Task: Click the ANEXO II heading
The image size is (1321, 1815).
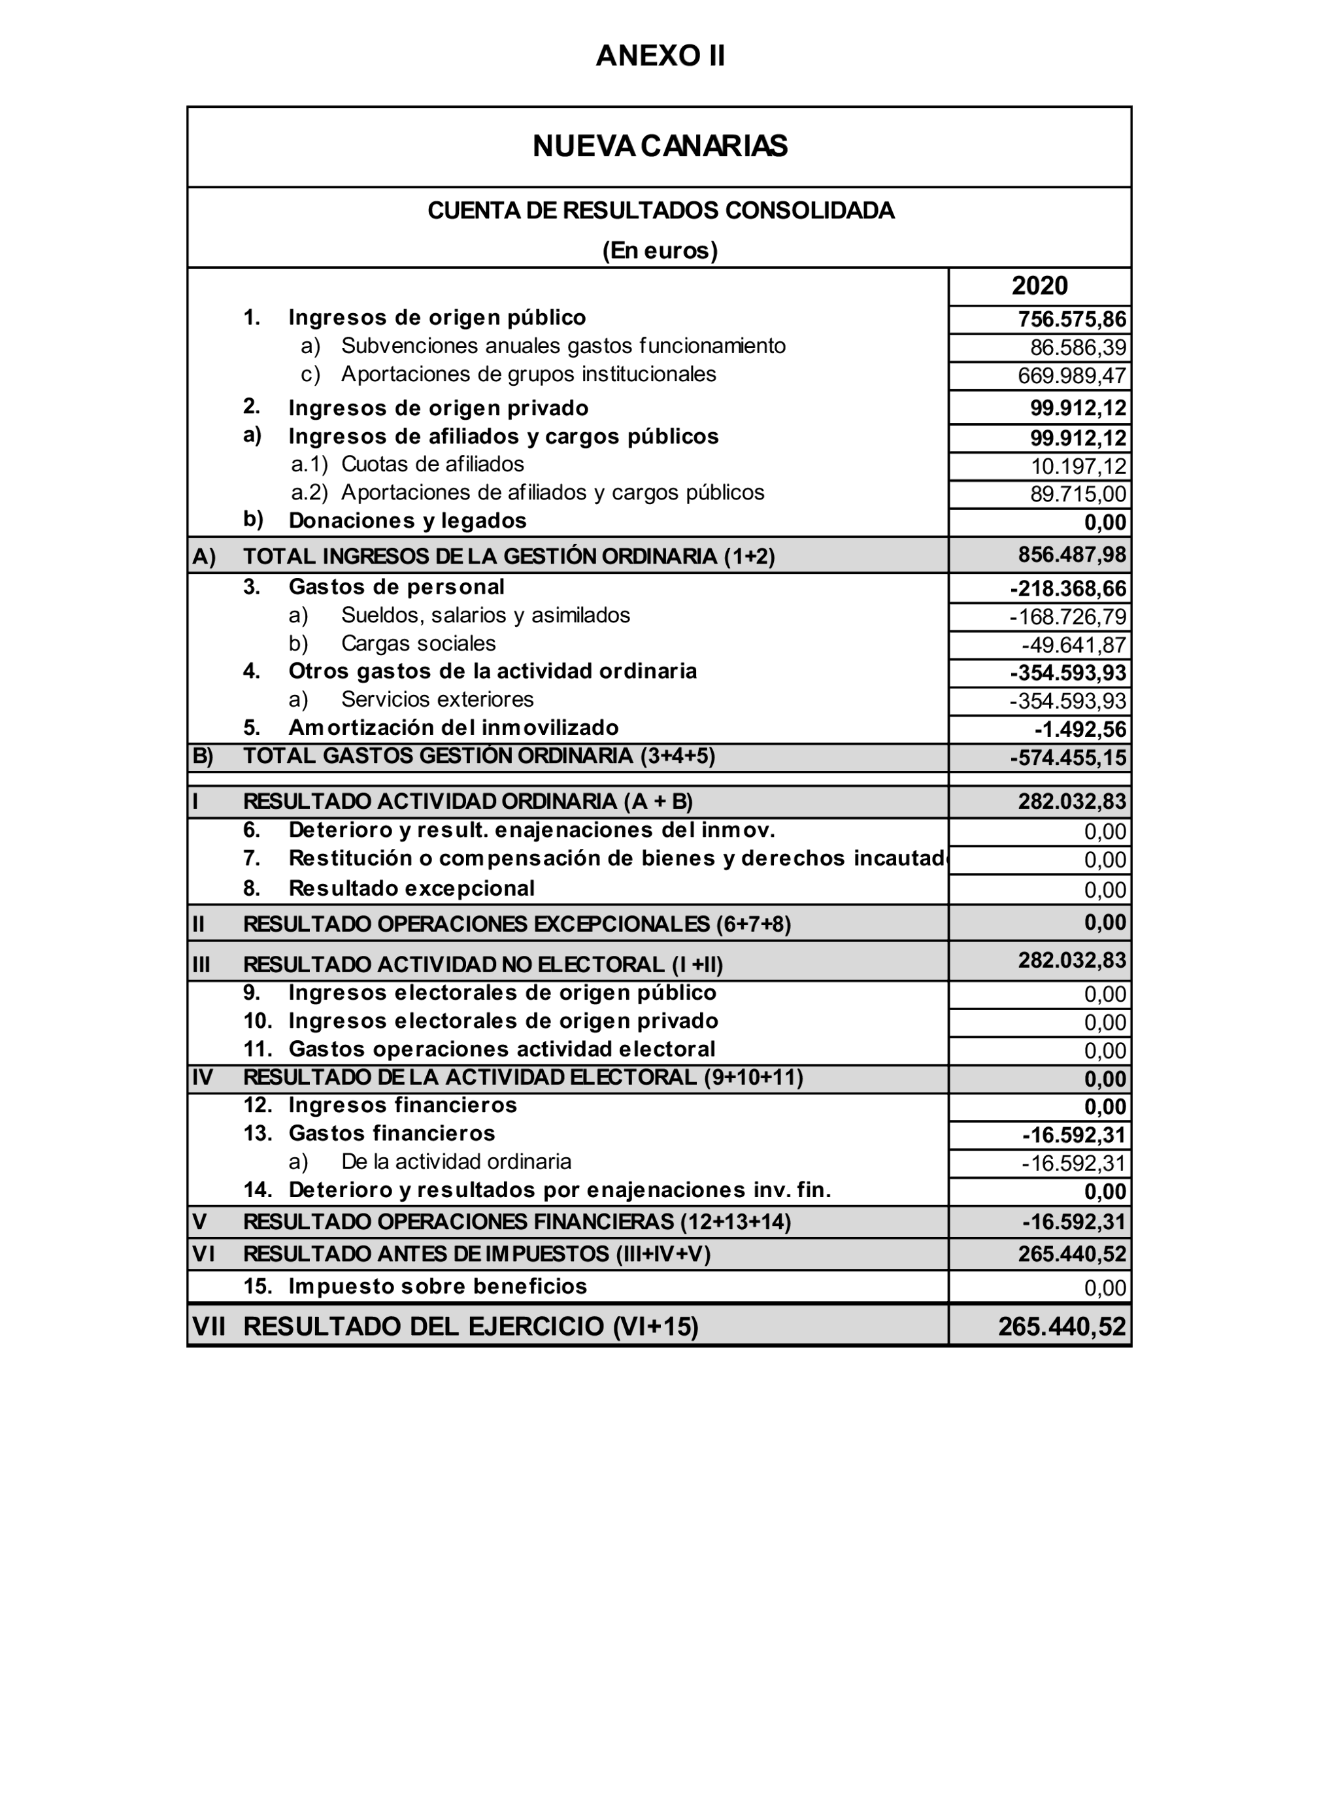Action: pos(660,56)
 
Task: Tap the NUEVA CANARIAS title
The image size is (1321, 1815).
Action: pos(660,146)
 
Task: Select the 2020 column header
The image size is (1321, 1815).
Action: pos(1039,286)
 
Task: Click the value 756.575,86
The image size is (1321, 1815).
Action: pos(1071,319)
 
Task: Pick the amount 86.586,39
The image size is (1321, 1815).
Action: pos(1078,347)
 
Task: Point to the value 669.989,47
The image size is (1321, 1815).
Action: pos(1071,375)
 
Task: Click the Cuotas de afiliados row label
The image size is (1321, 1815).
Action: pos(432,464)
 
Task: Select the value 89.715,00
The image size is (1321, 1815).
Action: pos(1078,494)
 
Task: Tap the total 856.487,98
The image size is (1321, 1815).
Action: pos(1071,554)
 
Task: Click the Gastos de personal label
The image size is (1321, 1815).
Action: pos(396,586)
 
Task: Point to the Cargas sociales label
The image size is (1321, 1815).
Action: pos(418,643)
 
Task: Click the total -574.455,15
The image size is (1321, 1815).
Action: pos(1067,757)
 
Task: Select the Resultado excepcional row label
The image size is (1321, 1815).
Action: pos(411,889)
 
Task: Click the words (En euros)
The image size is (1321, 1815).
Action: pos(660,250)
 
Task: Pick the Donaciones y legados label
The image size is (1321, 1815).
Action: pos(407,521)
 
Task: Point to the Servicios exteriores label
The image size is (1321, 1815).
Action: pos(437,700)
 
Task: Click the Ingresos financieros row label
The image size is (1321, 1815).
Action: pos(403,1105)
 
